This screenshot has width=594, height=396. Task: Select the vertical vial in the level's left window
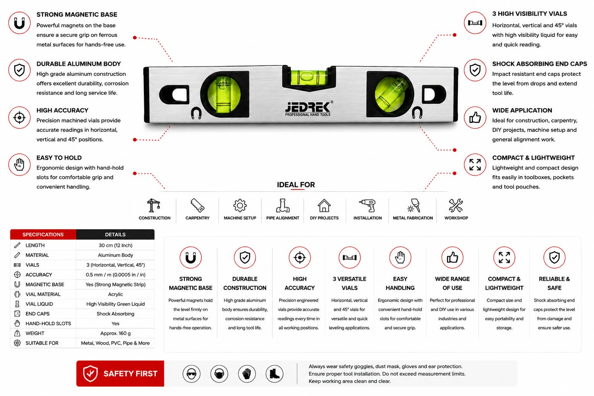[224, 94]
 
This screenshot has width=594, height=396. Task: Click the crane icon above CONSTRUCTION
[154, 205]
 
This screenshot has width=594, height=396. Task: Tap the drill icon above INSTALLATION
[367, 205]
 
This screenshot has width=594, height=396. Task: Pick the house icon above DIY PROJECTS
[324, 205]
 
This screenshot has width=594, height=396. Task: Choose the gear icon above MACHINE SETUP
[240, 205]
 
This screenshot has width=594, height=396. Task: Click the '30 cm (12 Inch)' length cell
[115, 245]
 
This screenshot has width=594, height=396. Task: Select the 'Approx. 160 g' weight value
[115, 333]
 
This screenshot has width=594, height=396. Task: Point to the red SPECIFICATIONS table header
[43, 234]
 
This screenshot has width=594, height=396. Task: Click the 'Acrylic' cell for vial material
[115, 294]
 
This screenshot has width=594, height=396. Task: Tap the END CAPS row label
[38, 314]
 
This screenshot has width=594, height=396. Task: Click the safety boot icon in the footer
[275, 374]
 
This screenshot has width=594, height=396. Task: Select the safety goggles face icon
[191, 374]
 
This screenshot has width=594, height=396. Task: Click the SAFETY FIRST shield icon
[90, 373]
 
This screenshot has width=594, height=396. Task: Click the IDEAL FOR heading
[296, 184]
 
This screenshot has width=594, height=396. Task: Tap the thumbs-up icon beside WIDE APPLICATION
[475, 118]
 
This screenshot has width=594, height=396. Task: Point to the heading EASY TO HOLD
[59, 158]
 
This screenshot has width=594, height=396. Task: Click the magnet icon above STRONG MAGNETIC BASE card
[191, 257]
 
